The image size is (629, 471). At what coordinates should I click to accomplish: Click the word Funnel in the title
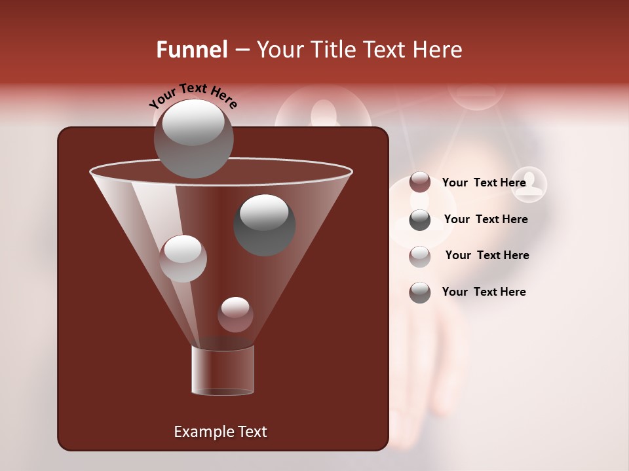(x=191, y=50)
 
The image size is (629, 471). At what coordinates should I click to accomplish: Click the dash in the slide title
(x=241, y=50)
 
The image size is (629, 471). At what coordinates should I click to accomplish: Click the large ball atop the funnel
(x=194, y=138)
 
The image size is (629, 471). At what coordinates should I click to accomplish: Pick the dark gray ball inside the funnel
(x=265, y=224)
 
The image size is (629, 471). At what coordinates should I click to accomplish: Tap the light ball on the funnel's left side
(x=183, y=258)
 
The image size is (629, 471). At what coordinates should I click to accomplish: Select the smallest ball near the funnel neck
(x=235, y=315)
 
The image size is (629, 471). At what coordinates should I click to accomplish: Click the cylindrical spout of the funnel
(x=223, y=370)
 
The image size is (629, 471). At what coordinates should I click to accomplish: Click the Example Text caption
(x=220, y=432)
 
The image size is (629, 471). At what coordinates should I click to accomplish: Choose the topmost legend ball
(x=420, y=183)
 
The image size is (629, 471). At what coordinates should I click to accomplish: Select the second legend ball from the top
(x=420, y=220)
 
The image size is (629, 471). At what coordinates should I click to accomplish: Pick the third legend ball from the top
(x=420, y=256)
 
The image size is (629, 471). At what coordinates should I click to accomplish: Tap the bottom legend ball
(x=420, y=292)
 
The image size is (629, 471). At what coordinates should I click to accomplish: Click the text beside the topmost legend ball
(x=484, y=183)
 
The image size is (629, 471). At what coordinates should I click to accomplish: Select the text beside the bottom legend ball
(x=484, y=292)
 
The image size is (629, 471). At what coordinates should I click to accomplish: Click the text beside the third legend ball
(x=487, y=256)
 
